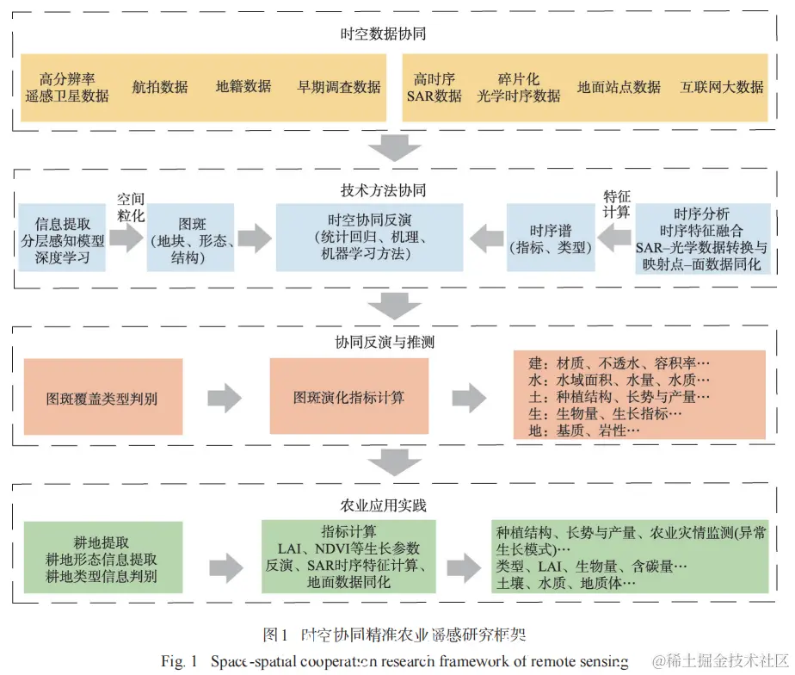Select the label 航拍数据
[x=160, y=87]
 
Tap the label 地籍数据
[x=243, y=87]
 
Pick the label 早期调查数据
[x=339, y=87]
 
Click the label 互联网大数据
[x=722, y=87]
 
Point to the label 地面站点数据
[x=619, y=87]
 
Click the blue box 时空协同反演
[x=369, y=237]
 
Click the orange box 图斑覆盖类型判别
[x=103, y=398]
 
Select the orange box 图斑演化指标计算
[x=348, y=398]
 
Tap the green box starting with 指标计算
[x=348, y=557]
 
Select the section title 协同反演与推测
[x=384, y=342]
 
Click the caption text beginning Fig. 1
[x=396, y=661]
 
